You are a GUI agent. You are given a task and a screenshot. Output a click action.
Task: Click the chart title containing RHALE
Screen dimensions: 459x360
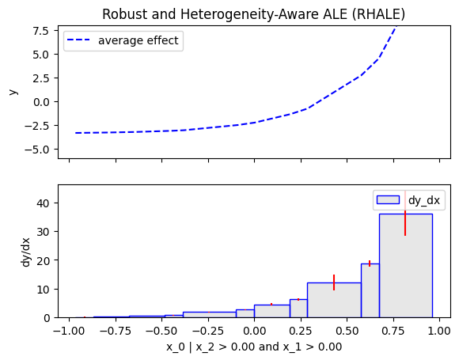pyautogui.click(x=253, y=14)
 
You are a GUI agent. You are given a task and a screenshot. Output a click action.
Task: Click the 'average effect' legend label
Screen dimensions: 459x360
pyautogui.click(x=138, y=40)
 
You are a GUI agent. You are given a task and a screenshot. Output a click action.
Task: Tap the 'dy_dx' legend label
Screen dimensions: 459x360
pyautogui.click(x=424, y=200)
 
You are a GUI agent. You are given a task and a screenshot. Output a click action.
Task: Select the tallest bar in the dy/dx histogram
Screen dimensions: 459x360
pyautogui.click(x=406, y=266)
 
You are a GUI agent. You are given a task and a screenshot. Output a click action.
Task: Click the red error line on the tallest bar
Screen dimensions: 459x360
pyautogui.click(x=405, y=223)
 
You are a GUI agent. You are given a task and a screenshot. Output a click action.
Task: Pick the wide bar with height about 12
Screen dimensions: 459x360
pyautogui.click(x=334, y=300)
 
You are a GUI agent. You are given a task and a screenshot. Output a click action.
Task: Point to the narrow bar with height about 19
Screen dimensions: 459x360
pyautogui.click(x=370, y=290)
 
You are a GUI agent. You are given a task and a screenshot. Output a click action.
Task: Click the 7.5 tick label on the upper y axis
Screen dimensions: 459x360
pyautogui.click(x=40, y=30)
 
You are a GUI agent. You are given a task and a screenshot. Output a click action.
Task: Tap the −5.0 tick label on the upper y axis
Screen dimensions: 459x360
pyautogui.click(x=37, y=150)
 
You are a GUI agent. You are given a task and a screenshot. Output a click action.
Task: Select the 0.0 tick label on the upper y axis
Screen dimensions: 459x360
pyautogui.click(x=40, y=102)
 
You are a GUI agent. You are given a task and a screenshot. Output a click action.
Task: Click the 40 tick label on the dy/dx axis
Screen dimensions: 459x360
pyautogui.click(x=43, y=203)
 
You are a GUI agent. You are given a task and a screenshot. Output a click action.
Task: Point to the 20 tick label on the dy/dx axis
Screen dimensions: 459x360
pyautogui.click(x=43, y=260)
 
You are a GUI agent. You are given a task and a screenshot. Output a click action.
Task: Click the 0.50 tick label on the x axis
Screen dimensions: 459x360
pyautogui.click(x=347, y=331)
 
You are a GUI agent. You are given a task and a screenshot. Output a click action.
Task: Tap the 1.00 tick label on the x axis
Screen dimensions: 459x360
pyautogui.click(x=439, y=331)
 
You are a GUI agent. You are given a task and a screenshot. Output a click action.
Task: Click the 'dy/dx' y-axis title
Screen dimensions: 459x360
pyautogui.click(x=26, y=252)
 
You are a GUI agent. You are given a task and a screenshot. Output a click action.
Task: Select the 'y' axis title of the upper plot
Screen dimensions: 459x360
pyautogui.click(x=13, y=93)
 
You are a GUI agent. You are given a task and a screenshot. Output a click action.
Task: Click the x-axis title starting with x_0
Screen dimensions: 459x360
pyautogui.click(x=254, y=347)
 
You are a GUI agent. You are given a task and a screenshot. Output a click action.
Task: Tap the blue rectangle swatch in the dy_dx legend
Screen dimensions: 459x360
pyautogui.click(x=388, y=200)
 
